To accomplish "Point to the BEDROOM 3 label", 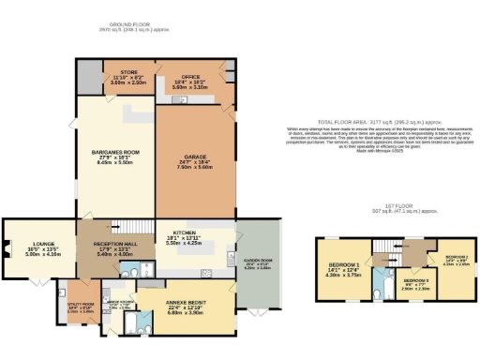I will point(416,281).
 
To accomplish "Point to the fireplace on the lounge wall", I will point(7,248).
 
